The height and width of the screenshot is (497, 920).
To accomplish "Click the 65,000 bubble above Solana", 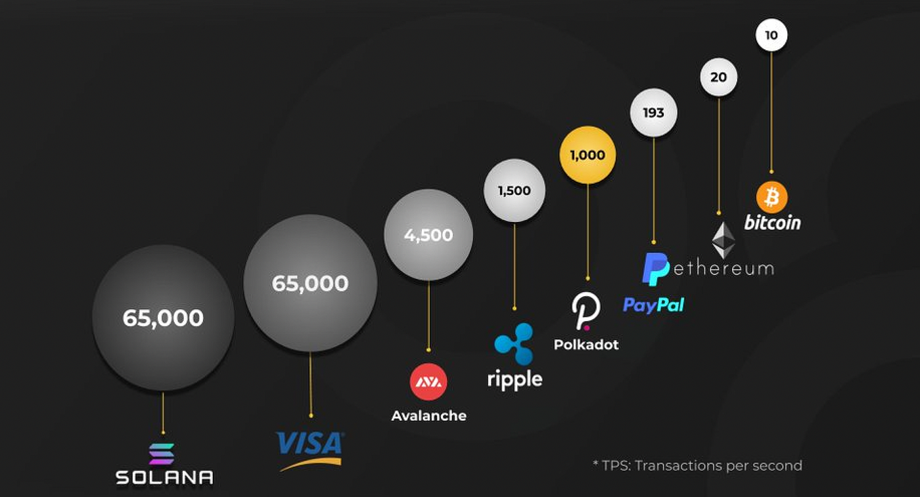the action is (163, 318).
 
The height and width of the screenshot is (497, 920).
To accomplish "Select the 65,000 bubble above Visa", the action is (310, 283).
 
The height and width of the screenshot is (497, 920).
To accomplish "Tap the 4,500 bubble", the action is (428, 235).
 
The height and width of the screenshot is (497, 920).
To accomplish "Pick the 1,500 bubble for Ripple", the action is (514, 190).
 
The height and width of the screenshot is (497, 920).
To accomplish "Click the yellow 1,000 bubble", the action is (587, 155).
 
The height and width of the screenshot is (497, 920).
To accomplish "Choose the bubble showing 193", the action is (653, 112).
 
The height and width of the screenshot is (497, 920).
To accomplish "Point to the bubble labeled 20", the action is (718, 77).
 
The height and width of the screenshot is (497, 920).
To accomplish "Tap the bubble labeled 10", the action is (771, 35).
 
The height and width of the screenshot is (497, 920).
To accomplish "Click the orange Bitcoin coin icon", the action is (771, 197).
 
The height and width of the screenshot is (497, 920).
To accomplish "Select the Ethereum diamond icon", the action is (724, 240).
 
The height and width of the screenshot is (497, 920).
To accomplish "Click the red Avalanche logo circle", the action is (428, 381).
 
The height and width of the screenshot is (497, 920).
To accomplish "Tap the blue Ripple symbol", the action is (514, 343).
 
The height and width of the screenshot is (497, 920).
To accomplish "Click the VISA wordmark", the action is (310, 444).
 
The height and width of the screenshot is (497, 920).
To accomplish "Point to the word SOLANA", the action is (164, 477).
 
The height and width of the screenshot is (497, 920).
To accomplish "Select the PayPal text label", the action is (653, 305).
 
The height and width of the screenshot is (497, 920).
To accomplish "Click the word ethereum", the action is (722, 268).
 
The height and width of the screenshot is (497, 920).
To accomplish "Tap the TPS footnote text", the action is (697, 465).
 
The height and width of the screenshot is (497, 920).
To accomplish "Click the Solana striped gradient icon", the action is (162, 454).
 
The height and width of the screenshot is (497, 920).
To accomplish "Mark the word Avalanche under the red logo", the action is (428, 416).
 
